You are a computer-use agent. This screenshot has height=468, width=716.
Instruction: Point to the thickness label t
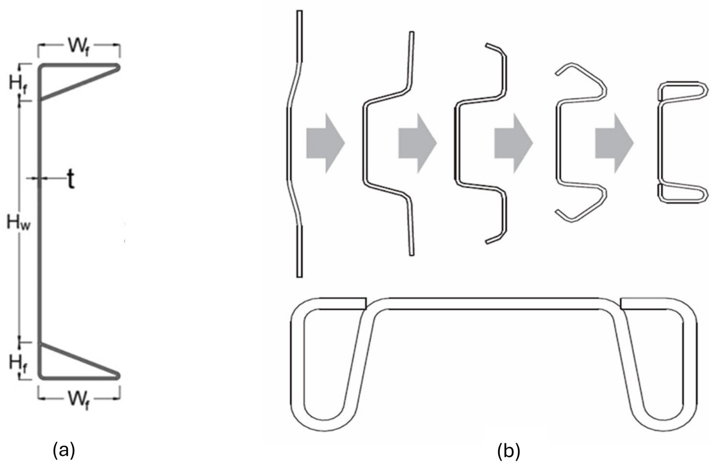(x=70, y=180)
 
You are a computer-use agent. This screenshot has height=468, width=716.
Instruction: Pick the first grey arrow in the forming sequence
(x=325, y=143)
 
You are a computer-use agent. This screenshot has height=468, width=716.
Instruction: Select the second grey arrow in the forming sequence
(x=417, y=143)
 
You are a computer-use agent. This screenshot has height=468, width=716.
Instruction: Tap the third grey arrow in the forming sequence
(x=513, y=143)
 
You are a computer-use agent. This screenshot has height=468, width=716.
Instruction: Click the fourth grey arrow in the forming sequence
(x=614, y=143)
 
